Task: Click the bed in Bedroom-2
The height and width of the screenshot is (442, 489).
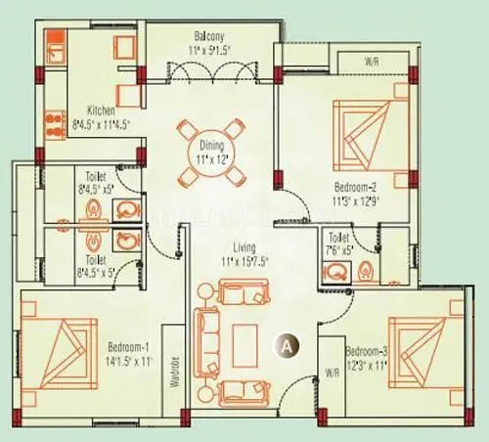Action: pos(368,133)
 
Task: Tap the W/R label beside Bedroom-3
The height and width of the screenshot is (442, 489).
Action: pos(333,371)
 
